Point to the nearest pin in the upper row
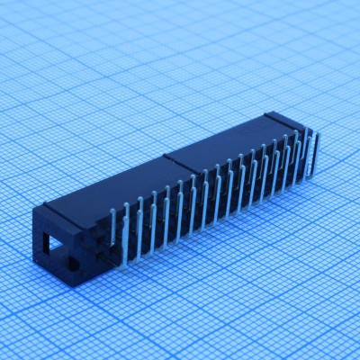tap(113, 229)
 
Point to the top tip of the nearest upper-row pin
tap(113, 211)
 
